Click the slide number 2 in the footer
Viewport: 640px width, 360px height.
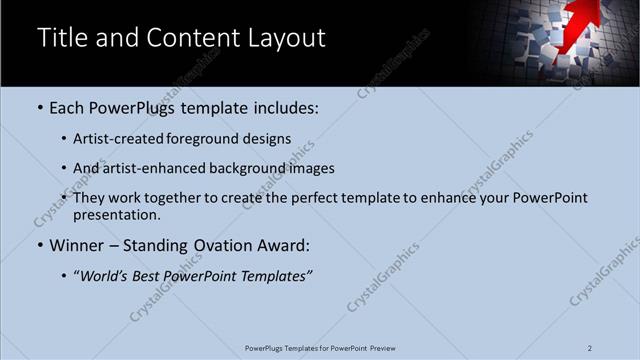click(x=590, y=348)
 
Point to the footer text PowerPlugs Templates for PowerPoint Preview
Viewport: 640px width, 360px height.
click(x=320, y=348)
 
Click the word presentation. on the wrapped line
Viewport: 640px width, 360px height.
click(x=117, y=215)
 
